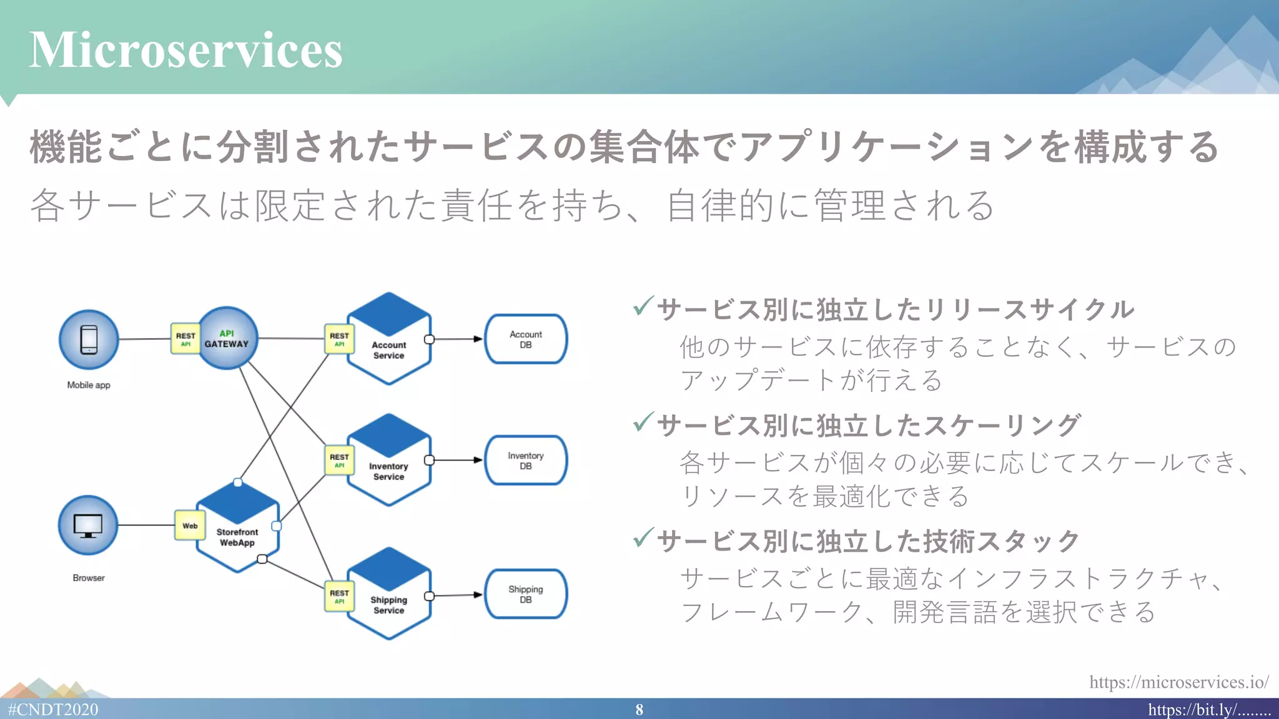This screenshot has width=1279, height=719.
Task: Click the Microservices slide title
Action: click(x=185, y=50)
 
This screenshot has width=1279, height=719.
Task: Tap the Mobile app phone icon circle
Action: click(x=89, y=340)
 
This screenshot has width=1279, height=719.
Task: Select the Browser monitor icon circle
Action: click(x=88, y=526)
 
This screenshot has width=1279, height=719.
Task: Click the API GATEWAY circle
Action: click(x=227, y=338)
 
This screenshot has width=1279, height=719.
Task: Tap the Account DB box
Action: click(x=526, y=340)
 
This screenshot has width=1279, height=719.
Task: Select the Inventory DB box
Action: click(x=526, y=461)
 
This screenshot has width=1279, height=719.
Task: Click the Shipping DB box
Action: click(x=526, y=594)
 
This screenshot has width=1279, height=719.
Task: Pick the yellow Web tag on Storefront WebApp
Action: click(x=190, y=526)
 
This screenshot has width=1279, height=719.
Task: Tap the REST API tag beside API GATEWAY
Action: click(x=185, y=339)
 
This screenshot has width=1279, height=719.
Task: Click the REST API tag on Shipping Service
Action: click(x=339, y=596)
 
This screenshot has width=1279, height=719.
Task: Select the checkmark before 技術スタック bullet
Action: click(x=643, y=537)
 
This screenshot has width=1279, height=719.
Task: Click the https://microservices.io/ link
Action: click(x=1178, y=682)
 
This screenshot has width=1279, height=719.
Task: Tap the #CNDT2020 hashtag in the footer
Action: click(x=53, y=710)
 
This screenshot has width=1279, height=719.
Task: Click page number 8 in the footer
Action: click(x=639, y=710)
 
